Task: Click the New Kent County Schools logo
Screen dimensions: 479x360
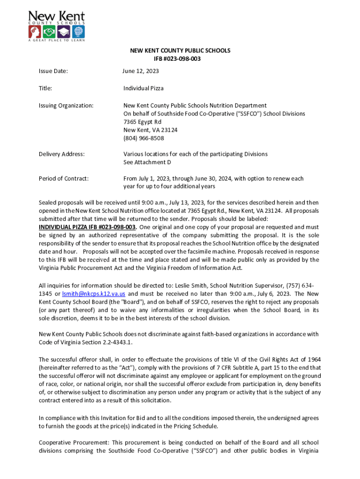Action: (x=57, y=26)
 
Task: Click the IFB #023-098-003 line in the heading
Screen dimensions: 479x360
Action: (x=180, y=58)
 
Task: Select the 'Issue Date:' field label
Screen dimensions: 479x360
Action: (x=53, y=71)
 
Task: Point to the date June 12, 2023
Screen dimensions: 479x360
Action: (x=141, y=71)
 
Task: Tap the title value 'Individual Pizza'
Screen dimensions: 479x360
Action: (x=144, y=88)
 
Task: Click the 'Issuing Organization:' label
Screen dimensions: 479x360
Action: (x=66, y=106)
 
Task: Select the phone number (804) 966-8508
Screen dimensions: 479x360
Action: (x=144, y=138)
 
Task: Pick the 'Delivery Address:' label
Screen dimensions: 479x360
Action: (x=61, y=154)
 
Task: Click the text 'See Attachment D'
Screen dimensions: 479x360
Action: (x=147, y=162)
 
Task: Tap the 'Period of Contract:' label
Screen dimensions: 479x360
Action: (x=64, y=178)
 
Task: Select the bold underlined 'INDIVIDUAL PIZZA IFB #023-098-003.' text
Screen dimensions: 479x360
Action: (x=88, y=227)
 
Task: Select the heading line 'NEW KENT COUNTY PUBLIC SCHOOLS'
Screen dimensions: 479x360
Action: (x=180, y=51)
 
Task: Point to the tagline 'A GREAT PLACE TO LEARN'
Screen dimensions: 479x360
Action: (x=57, y=41)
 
